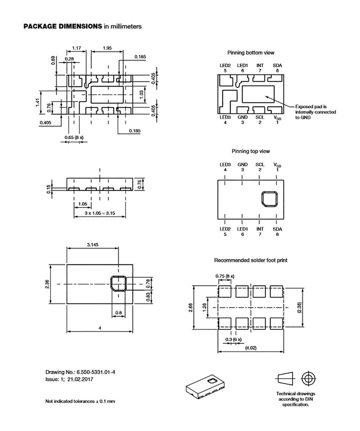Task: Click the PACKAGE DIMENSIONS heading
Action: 62,26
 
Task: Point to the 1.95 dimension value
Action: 107,48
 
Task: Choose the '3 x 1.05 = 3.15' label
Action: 99,213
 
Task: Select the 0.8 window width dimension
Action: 118,313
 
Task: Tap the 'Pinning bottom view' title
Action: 251,53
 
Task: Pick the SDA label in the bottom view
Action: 277,65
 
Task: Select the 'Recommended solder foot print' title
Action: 251,261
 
